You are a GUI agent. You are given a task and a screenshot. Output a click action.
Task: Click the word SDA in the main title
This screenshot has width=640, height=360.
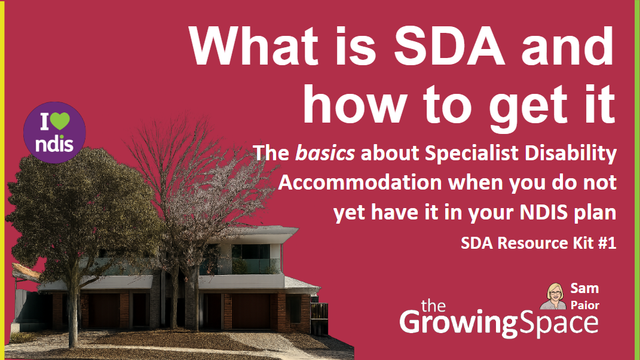pos(449,46)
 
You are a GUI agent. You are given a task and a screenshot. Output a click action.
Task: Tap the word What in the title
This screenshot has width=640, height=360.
pos(253,46)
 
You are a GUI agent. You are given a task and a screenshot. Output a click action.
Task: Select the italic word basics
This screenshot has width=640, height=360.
pos(325,153)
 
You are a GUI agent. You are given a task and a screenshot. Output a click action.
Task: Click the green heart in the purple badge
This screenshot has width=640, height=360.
pos(60,121)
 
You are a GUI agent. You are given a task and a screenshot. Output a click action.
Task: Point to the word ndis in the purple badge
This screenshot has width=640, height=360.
pos(54,144)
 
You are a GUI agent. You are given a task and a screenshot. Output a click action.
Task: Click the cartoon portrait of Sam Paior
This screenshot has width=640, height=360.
pos(554,296)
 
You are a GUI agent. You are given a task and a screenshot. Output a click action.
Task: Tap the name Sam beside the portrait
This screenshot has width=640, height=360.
pos(584,288)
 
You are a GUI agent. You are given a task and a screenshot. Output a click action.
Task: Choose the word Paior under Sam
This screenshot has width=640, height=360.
pos(585,305)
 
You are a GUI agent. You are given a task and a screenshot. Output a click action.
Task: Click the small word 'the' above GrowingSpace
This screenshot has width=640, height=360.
pos(433,306)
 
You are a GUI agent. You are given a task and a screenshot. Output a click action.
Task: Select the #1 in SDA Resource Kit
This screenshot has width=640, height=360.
pos(607,243)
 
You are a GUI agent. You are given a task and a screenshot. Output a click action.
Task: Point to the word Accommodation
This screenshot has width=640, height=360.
pos(360,182)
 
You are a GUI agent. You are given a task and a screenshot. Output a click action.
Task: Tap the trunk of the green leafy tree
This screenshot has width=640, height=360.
pos(74,310)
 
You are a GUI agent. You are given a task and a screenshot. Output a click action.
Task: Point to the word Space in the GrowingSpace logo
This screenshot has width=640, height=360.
pos(558,323)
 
